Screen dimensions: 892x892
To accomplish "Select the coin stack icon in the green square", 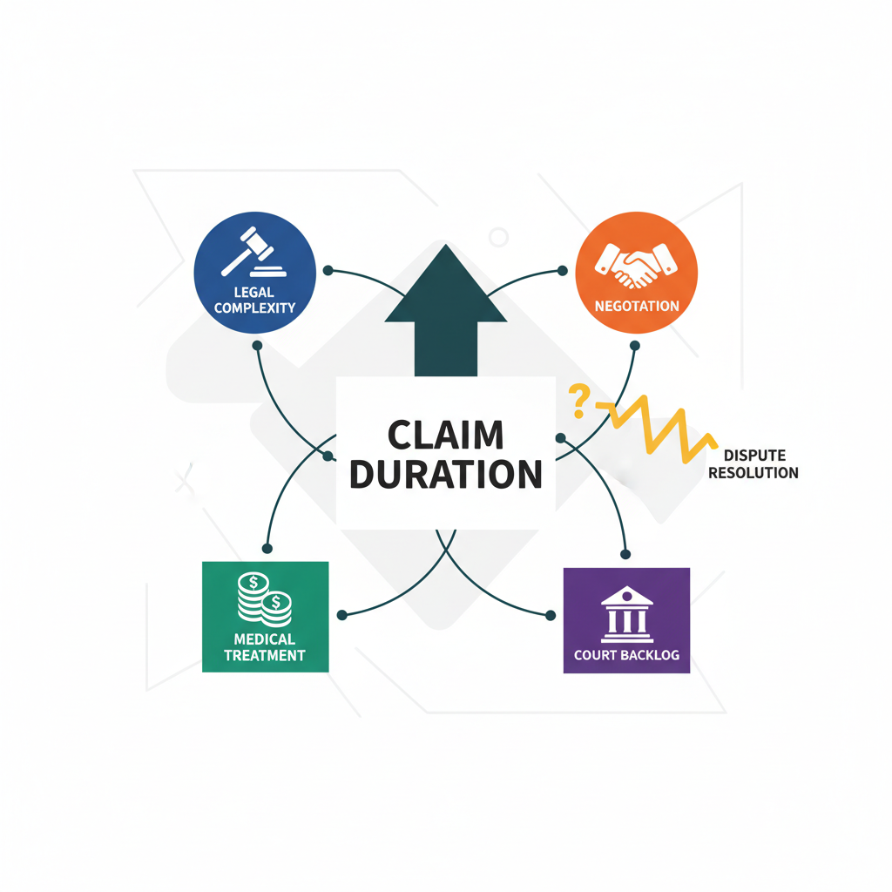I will coord(266,600).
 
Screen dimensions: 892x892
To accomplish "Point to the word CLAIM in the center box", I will coord(445,435).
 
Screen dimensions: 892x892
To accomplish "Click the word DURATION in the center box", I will coord(445,474).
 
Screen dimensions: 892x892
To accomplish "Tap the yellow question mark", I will coord(577,401).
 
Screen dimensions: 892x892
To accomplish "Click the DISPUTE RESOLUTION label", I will coord(760,464).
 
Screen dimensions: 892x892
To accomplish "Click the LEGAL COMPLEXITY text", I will coord(254,300).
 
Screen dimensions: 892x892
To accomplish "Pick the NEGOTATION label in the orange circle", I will coord(637,306).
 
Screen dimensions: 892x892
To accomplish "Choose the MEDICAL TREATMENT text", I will coord(265,648).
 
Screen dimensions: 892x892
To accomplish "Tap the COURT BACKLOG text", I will coord(626,654).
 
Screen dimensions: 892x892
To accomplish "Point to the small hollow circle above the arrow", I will coord(498,236).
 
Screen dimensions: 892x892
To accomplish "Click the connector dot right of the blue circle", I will coord(328,270).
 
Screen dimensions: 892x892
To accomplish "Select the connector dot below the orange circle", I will coord(635,346).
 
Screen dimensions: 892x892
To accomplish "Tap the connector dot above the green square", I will coord(267,548).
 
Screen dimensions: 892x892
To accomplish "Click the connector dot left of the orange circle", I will coord(564,270).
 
